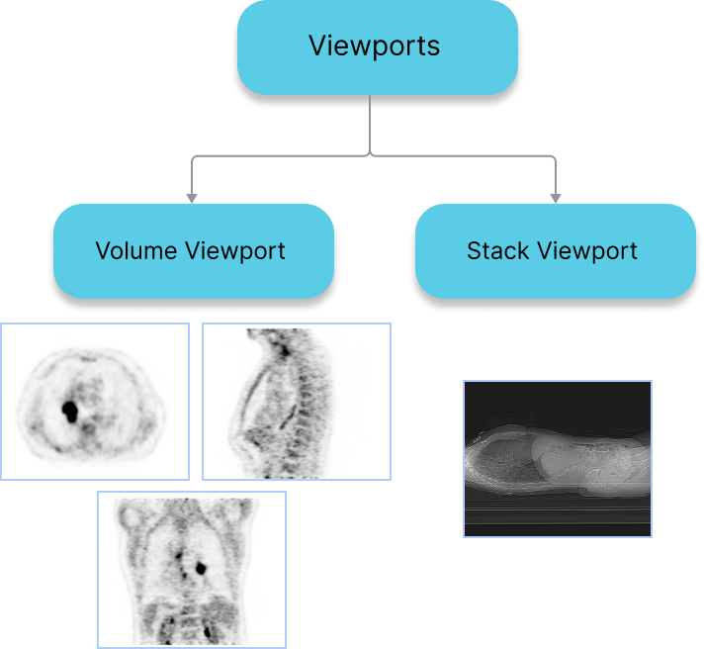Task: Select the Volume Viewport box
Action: (192, 251)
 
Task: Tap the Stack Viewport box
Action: (554, 251)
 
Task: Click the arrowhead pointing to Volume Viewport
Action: (192, 198)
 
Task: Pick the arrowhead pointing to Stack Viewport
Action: (555, 198)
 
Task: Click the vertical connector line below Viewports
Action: (370, 124)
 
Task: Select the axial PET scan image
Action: (95, 402)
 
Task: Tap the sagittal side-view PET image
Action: (297, 402)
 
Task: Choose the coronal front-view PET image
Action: (192, 570)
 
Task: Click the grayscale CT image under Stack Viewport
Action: (558, 459)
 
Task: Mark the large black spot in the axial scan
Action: (70, 408)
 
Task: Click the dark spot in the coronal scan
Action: (201, 568)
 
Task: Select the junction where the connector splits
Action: (370, 155)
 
